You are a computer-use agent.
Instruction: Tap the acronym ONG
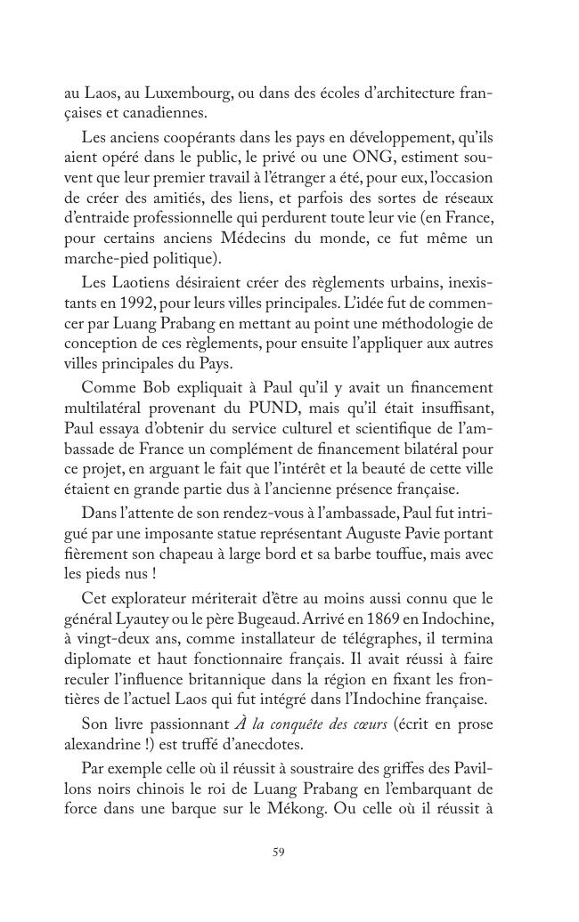coord(357,158)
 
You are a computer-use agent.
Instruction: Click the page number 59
coord(278,853)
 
